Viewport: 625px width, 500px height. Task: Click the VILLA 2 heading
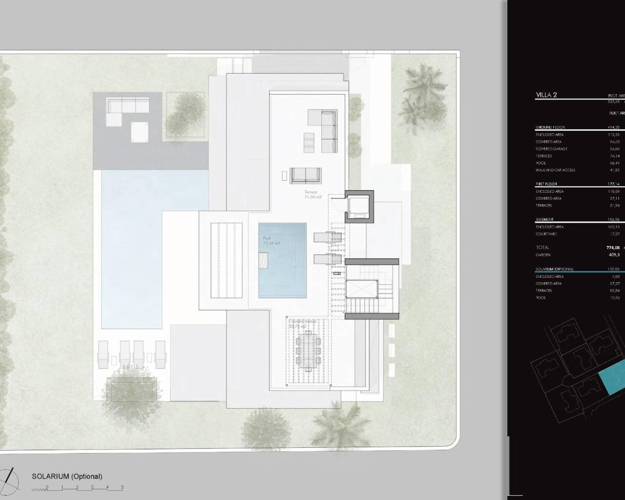pyautogui.click(x=546, y=95)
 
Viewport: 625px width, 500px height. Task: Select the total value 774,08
pyautogui.click(x=613, y=248)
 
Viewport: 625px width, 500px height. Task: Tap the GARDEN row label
pyautogui.click(x=543, y=255)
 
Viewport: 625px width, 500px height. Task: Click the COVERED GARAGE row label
pyautogui.click(x=551, y=149)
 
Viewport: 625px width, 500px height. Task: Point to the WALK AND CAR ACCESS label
pyautogui.click(x=555, y=170)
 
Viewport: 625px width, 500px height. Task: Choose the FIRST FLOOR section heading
pyautogui.click(x=546, y=184)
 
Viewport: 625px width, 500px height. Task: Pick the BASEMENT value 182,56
pyautogui.click(x=613, y=220)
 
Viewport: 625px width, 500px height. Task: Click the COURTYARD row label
pyautogui.click(x=546, y=234)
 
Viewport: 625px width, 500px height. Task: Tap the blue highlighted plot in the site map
pyautogui.click(x=613, y=376)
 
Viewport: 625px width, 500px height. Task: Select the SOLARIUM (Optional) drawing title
pyautogui.click(x=67, y=477)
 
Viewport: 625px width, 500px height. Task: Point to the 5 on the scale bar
pyautogui.click(x=122, y=487)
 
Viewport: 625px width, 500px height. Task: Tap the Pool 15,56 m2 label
pyautogui.click(x=271, y=241)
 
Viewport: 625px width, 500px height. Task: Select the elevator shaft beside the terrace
pyautogui.click(x=359, y=207)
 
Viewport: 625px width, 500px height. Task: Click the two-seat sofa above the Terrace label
pyautogui.click(x=305, y=175)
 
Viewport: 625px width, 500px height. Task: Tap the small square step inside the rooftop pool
pyautogui.click(x=263, y=260)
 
